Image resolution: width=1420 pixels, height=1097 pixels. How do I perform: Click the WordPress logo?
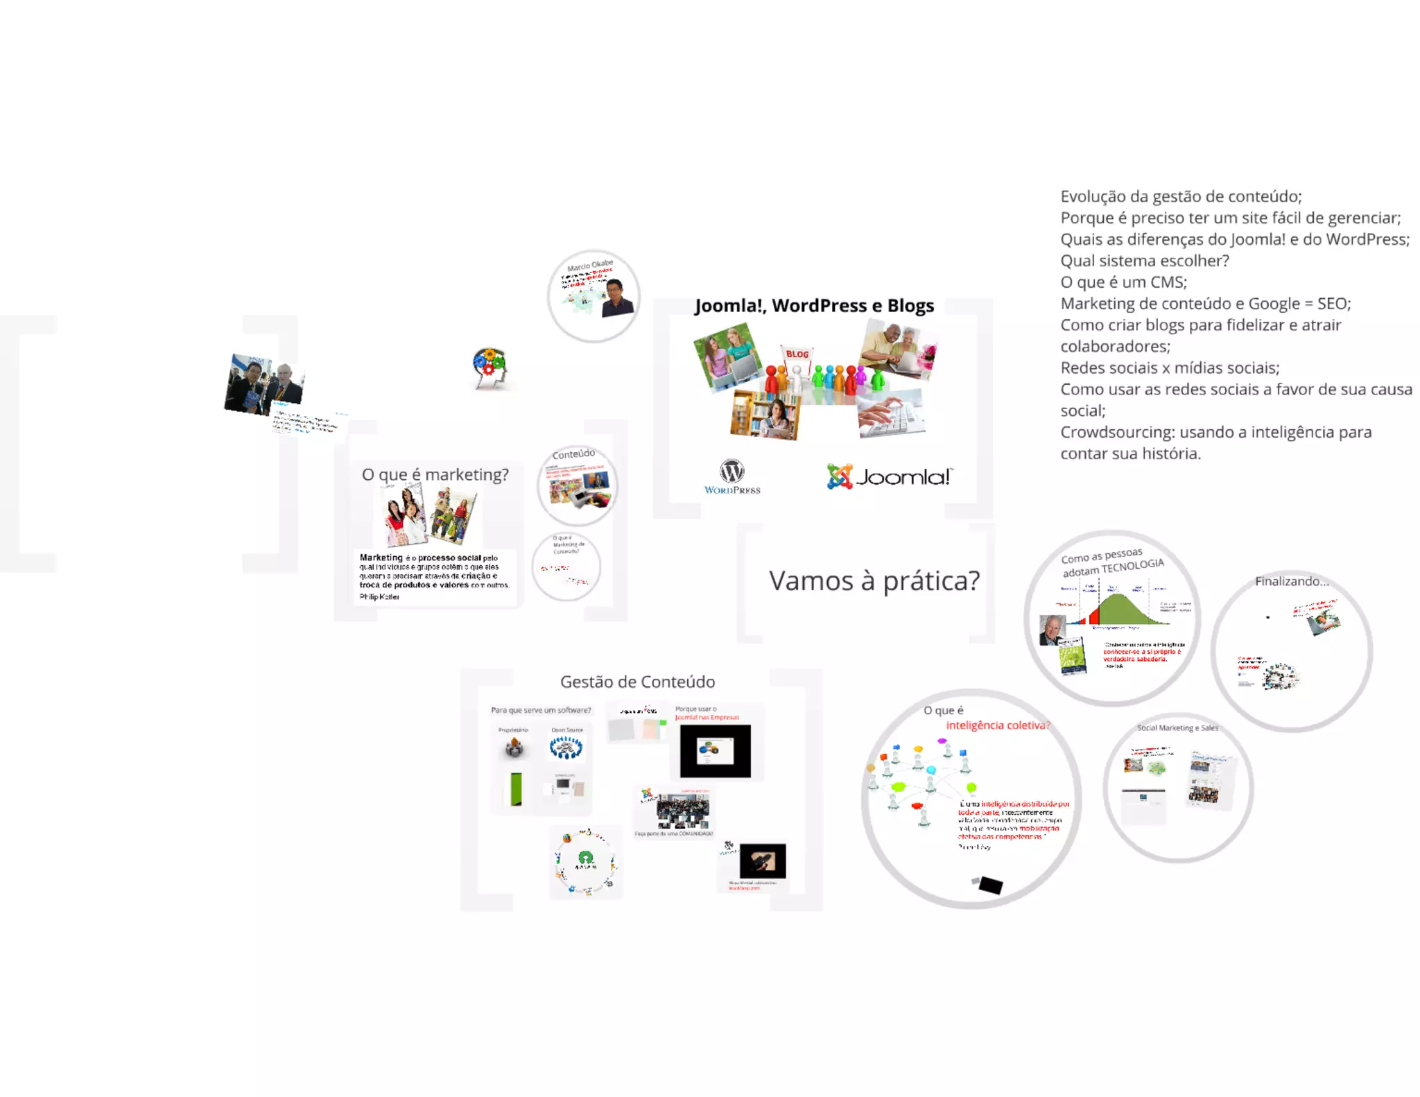pos(732,476)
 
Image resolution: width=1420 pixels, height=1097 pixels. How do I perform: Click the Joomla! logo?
pos(890,476)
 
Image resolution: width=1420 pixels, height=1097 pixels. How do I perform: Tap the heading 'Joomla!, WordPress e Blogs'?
pos(814,306)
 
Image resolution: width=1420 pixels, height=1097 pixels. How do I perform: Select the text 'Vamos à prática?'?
pos(874,581)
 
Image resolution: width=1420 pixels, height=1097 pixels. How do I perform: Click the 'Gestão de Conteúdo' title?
pos(637,682)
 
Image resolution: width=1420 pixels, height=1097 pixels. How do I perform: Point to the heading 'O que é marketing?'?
pos(435,474)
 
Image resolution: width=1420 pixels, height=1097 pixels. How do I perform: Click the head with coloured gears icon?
pos(490,368)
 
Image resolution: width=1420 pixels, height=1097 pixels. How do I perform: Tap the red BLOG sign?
pos(797,354)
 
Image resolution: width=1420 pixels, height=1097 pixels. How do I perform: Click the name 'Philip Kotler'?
pos(379,596)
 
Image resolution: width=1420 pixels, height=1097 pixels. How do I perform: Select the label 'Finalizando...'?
pos(1291,581)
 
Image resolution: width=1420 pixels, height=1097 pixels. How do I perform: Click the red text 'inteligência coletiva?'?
pos(998,725)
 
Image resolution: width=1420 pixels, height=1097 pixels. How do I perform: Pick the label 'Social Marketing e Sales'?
pos(1177,727)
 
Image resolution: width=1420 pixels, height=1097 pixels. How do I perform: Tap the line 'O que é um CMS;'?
pos(1123,282)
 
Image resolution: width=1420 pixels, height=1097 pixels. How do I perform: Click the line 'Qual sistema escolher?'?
pos(1144,261)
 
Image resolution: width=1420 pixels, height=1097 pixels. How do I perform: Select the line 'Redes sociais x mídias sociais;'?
pos(1170,368)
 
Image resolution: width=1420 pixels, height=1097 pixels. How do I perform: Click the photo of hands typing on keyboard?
pos(890,414)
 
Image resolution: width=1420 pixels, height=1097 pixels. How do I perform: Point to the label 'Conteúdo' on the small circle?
pos(573,454)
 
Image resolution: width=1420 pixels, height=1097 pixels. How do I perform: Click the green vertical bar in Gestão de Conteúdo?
pos(516,789)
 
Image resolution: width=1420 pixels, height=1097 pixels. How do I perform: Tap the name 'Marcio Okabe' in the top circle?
pos(590,266)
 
